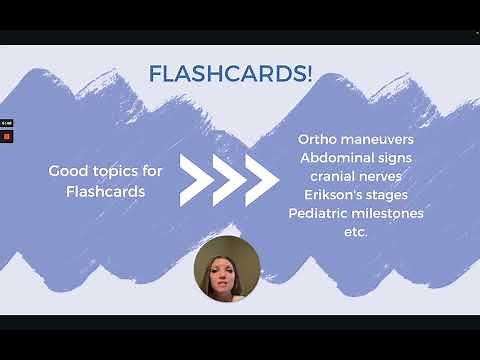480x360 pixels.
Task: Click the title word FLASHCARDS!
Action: click(230, 74)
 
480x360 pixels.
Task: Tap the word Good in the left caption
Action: click(67, 172)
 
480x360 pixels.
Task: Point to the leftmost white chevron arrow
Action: click(195, 180)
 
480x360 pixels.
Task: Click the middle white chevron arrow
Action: click(228, 180)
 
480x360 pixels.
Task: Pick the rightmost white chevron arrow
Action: click(261, 180)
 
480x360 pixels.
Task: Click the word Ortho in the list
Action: click(319, 137)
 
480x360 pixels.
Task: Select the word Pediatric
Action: click(323, 213)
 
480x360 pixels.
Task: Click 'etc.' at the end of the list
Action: click(355, 232)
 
